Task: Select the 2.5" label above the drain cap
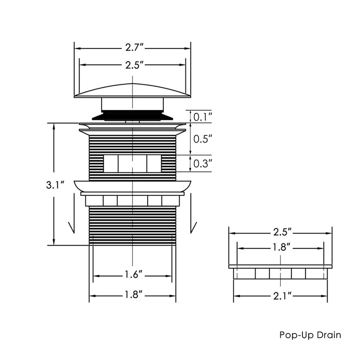coord(133,65)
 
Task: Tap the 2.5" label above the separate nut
coord(281,233)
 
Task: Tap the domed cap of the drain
coord(133,90)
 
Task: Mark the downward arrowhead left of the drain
coord(71,228)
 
